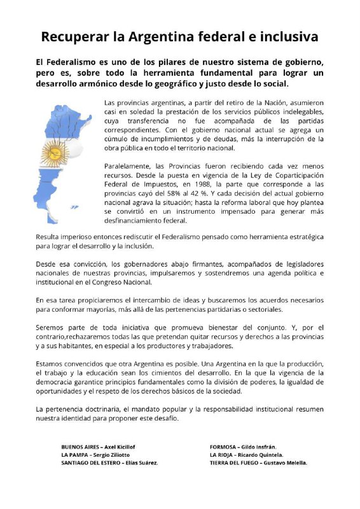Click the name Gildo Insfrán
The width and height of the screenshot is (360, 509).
coord(263,447)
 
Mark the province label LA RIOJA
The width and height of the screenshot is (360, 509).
coord(223,455)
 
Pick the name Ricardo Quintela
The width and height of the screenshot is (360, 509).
coord(263,455)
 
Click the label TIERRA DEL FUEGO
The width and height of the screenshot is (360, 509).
coord(235,463)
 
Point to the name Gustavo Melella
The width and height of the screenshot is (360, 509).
coord(286,463)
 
